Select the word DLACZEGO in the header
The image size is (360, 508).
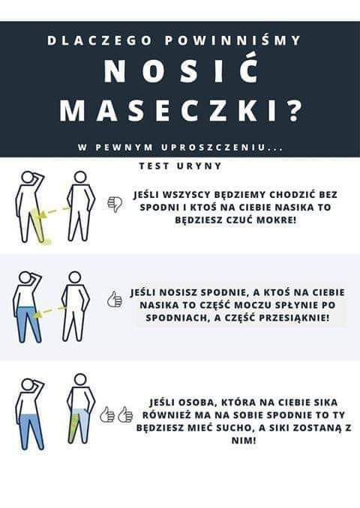(100, 40)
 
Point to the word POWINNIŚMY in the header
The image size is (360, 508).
(232, 40)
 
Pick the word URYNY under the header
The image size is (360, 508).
(199, 166)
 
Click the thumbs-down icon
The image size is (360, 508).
(115, 204)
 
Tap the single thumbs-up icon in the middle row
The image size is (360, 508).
(115, 299)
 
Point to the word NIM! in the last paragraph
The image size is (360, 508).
(244, 441)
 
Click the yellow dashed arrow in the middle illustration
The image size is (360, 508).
(49, 311)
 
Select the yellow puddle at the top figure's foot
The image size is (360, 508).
(47, 241)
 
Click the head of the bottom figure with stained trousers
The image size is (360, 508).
(80, 380)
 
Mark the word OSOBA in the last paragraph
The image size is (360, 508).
(196, 402)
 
